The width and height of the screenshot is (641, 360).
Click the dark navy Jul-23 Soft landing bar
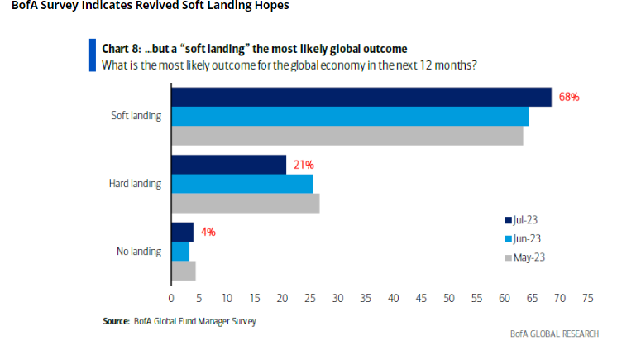[x=361, y=97]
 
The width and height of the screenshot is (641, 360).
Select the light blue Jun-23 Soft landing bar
[x=349, y=116]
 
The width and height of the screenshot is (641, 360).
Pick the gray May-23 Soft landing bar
[x=347, y=135]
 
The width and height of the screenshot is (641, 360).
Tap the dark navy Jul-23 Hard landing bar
[x=228, y=165]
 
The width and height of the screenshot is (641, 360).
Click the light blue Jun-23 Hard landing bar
[x=242, y=184]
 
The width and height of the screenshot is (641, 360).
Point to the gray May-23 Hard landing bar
[x=245, y=203]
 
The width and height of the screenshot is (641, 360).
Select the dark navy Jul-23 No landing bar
[x=182, y=233]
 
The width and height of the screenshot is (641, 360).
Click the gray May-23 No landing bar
[x=183, y=271]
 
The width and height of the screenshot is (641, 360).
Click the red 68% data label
[x=569, y=97]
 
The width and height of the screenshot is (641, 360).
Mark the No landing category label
[x=140, y=251]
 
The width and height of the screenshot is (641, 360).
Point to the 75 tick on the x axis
[x=588, y=298]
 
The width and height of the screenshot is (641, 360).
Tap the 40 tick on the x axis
[x=393, y=298]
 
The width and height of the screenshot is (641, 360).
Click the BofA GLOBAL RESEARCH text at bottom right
[x=554, y=334]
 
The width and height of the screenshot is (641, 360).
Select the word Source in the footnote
[x=116, y=321]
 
